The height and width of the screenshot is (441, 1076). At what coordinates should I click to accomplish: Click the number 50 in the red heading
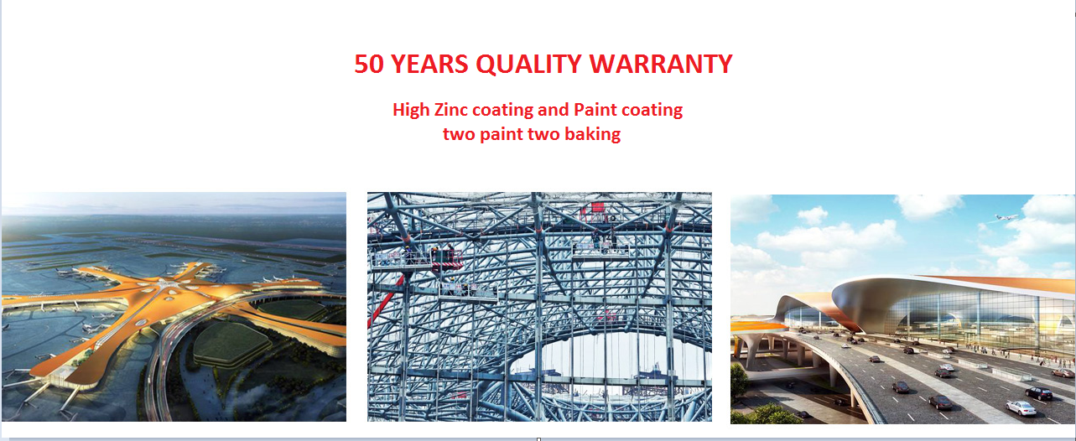[x=369, y=64]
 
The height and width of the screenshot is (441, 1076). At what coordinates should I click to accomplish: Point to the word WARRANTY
[x=661, y=64]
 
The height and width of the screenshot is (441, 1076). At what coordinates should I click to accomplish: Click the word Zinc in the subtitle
[x=450, y=110]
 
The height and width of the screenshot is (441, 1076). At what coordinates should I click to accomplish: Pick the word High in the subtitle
[x=411, y=111]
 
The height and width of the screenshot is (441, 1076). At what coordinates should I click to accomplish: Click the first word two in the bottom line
[x=459, y=134]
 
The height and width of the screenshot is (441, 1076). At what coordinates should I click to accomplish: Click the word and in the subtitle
[x=554, y=110]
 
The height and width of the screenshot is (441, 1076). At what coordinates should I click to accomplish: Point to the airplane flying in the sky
[x=1006, y=217]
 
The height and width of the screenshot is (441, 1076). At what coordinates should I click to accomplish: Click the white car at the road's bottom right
[x=1021, y=407]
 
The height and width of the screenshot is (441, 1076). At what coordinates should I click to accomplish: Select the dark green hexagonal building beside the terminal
[x=231, y=343]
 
